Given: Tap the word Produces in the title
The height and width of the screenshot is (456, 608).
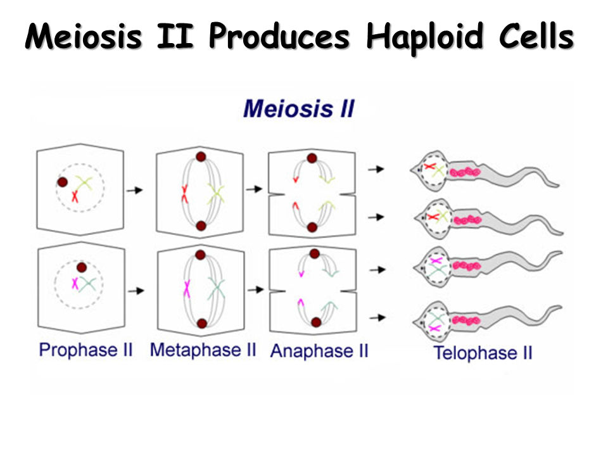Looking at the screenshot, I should [x=279, y=38].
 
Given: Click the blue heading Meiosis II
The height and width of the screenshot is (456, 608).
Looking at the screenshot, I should [x=298, y=108].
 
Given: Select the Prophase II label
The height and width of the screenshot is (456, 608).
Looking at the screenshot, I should [x=85, y=350].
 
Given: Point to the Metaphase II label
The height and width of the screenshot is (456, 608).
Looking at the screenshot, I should [x=203, y=350].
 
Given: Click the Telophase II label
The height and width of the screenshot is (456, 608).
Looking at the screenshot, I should [x=483, y=352].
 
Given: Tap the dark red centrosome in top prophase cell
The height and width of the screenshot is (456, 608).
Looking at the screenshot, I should [x=62, y=182].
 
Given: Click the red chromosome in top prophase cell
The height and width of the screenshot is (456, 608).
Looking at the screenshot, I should [x=75, y=196].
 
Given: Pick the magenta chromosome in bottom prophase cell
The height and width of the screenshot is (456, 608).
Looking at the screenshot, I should [x=75, y=284].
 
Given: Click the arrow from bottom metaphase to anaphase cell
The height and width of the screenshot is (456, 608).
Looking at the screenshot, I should [x=255, y=290].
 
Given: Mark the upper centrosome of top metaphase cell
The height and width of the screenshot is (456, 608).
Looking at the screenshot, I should [x=201, y=157].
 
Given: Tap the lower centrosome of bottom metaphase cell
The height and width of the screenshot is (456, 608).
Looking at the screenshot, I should [x=201, y=324].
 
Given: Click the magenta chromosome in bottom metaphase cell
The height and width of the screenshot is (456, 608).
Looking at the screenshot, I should [x=187, y=289].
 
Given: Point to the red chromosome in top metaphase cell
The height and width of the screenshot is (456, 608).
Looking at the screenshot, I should [x=184, y=194].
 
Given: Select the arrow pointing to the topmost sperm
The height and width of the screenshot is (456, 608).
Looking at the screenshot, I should [x=377, y=169].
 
